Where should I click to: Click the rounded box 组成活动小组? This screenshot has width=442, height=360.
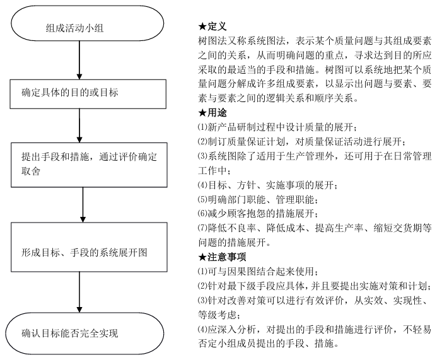point(79,28)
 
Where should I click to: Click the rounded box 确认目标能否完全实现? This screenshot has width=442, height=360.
point(78,332)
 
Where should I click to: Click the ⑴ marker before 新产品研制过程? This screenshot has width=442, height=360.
point(202,127)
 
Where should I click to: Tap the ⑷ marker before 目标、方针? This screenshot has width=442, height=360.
point(202,185)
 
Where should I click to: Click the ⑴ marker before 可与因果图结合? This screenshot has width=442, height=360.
point(202,272)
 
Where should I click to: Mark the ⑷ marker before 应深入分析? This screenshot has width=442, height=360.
point(202,330)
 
